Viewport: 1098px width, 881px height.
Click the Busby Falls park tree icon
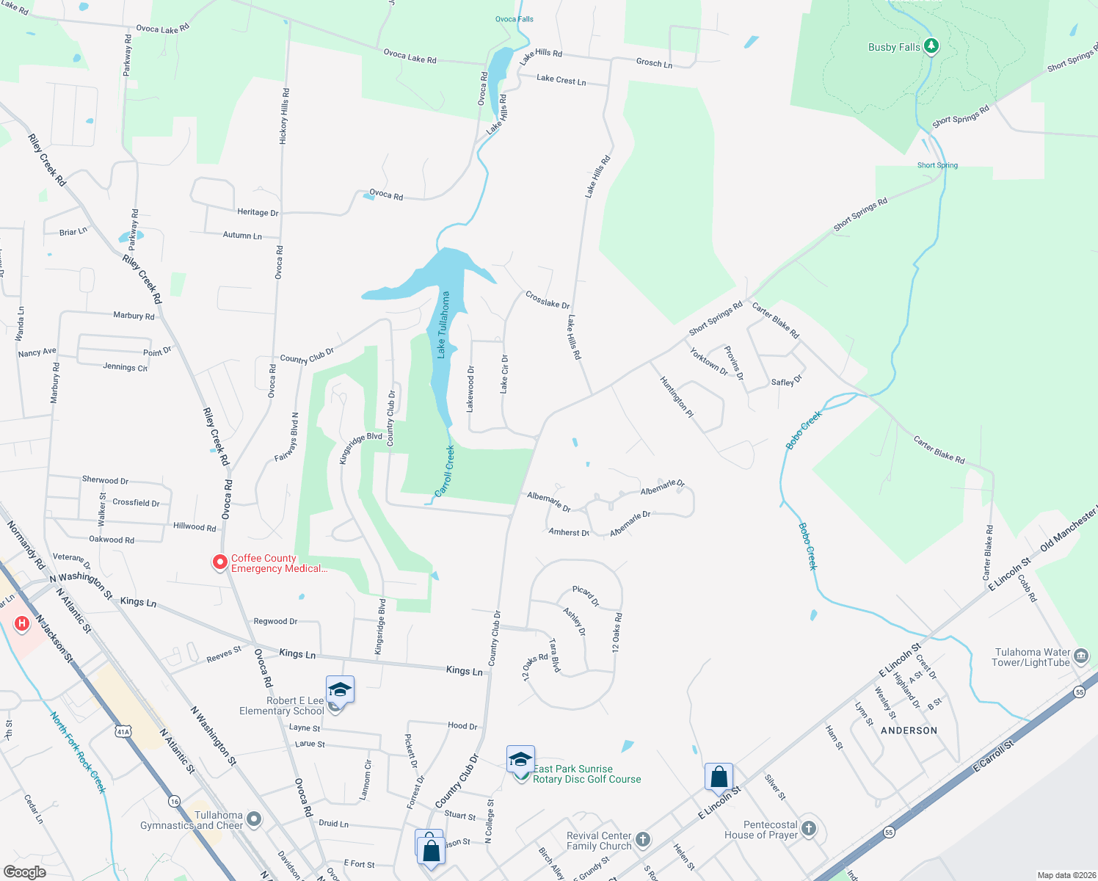pos(931,46)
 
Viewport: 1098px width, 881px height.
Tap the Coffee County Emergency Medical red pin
pos(219,562)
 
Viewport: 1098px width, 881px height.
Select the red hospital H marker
pos(22,624)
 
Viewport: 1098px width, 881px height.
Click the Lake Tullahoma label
pos(443,325)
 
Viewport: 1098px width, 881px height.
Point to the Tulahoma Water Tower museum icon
pos(1080,656)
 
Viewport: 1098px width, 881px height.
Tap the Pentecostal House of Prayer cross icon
pos(808,829)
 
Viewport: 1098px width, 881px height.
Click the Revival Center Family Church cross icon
pos(642,839)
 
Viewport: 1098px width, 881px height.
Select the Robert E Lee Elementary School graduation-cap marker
pos(340,690)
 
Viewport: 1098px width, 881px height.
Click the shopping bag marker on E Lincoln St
pos(719,777)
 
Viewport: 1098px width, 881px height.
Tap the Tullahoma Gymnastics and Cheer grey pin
pos(254,819)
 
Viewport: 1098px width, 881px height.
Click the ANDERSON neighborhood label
pos(909,730)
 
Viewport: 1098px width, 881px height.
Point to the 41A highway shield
pos(123,731)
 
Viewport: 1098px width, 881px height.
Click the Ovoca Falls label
pos(514,19)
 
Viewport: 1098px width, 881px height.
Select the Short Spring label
pos(937,165)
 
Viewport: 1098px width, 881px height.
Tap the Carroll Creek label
pos(445,471)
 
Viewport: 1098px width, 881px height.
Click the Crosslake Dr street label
pos(548,300)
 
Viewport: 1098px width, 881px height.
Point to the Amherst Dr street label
pos(569,532)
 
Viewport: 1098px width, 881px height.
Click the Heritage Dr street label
pos(258,212)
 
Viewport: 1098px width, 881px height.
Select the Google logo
pos(25,872)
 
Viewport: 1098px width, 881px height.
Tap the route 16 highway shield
pos(174,801)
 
